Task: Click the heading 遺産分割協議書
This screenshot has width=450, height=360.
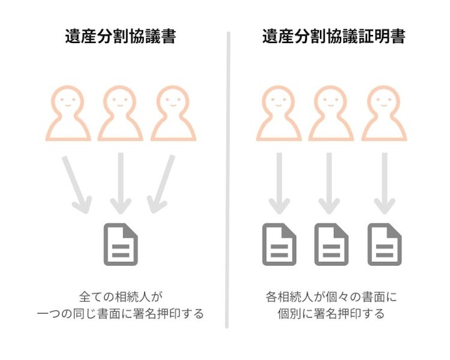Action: coord(120,36)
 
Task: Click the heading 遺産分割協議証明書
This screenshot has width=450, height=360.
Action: coord(334,36)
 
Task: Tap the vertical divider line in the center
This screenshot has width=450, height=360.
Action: coord(227,180)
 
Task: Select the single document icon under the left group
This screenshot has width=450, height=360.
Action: coord(121,244)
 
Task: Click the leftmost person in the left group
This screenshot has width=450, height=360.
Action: coord(68,113)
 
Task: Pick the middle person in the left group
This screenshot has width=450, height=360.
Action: coord(120,113)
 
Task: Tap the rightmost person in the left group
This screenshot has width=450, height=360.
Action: coord(173,113)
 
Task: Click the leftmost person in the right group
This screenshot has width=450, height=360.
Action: coord(279,113)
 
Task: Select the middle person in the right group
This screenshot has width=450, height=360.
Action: coord(331,113)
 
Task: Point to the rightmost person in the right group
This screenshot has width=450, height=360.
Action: coord(384,113)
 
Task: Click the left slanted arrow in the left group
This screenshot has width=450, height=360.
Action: coord(76,184)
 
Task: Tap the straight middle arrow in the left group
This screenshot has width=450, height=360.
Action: coord(121,183)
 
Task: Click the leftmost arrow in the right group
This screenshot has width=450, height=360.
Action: coord(279,183)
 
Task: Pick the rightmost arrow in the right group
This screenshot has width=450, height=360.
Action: coord(384,183)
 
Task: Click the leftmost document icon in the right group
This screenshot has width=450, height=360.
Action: coord(279,244)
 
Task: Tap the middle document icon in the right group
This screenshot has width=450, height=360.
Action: coord(331,244)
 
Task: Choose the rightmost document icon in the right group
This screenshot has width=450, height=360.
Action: coord(384,244)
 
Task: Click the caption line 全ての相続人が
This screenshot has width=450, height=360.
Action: coord(121,297)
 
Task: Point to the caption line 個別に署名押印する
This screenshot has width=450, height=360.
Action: coord(331,314)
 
